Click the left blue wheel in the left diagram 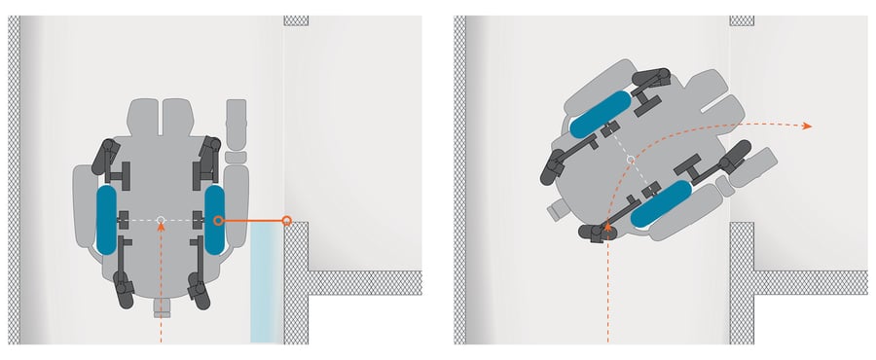point(106,219)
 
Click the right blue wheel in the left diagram point(215,219)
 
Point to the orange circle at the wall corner point(286,221)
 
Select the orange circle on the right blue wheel point(218,221)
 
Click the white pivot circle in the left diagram point(161,220)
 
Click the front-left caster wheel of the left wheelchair point(106,156)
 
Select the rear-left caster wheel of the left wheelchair point(124,290)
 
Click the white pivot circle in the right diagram point(631,159)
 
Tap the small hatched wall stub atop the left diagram point(296,19)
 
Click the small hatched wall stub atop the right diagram point(742,19)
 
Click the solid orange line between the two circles point(253,221)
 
